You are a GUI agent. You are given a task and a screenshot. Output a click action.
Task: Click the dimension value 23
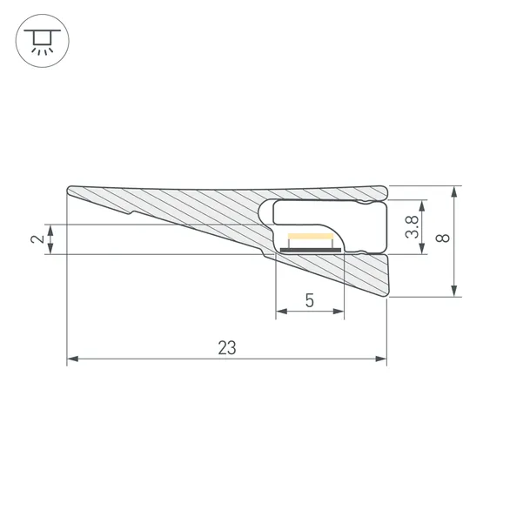click(x=226, y=347)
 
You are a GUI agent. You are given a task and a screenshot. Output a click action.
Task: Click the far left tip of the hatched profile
click(x=68, y=191)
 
